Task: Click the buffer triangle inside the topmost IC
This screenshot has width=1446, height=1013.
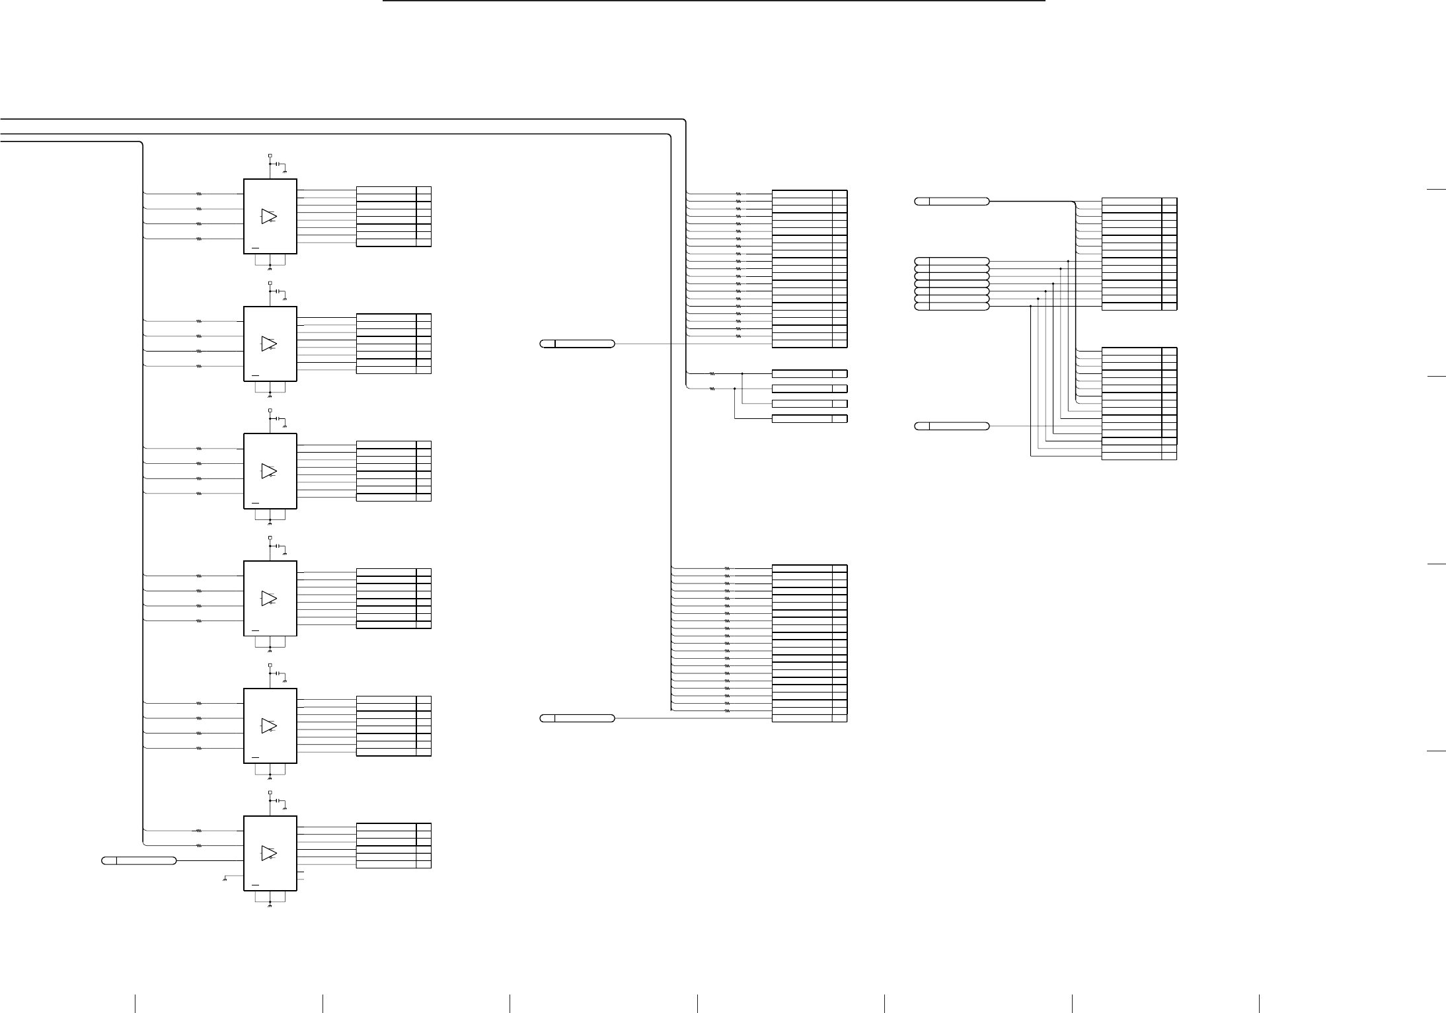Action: tap(268, 217)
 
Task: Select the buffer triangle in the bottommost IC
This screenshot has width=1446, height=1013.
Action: tap(268, 853)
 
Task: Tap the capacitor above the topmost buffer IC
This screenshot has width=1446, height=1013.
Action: tap(278, 163)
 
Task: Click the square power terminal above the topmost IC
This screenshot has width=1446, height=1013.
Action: tap(270, 156)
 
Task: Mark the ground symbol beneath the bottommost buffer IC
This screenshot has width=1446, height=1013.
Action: tap(270, 907)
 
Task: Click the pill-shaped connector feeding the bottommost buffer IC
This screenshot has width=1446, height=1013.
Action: tap(139, 860)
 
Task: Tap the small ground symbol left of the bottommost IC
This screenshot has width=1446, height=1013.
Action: tap(226, 878)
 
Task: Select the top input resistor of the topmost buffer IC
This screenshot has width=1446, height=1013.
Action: tap(199, 194)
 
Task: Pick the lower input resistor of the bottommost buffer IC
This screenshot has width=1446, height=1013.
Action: tap(199, 845)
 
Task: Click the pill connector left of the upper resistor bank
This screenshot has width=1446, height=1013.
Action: tap(577, 344)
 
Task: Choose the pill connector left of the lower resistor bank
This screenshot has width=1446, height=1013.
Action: tap(577, 718)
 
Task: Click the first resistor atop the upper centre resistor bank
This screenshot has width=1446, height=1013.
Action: tap(738, 194)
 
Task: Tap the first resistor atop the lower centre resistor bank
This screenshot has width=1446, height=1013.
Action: tap(727, 568)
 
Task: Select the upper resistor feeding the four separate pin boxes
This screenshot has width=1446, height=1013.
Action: tap(712, 373)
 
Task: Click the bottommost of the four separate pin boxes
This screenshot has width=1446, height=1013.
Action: tap(809, 419)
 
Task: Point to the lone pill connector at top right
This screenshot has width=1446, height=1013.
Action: tap(952, 202)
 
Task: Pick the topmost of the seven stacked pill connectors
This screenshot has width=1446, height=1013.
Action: tap(952, 261)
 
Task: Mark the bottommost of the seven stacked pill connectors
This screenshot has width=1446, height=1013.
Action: tap(952, 307)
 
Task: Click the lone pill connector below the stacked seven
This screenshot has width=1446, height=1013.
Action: tap(952, 426)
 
